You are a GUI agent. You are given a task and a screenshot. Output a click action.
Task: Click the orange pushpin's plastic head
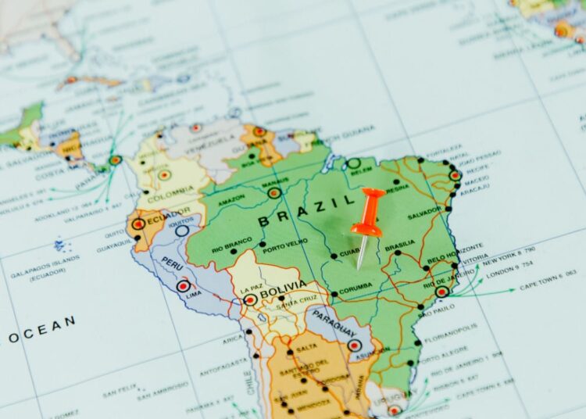coord(368,211)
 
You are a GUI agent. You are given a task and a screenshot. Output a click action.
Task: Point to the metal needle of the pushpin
coord(363,252)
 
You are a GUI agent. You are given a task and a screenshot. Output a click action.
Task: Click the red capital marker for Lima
coord(183,286)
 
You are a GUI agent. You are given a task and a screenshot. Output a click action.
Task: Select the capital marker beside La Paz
coord(250,299)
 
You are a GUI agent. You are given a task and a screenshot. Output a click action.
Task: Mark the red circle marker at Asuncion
coord(355,345)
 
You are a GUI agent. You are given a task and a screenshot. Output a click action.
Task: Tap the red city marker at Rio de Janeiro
coord(442,292)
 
